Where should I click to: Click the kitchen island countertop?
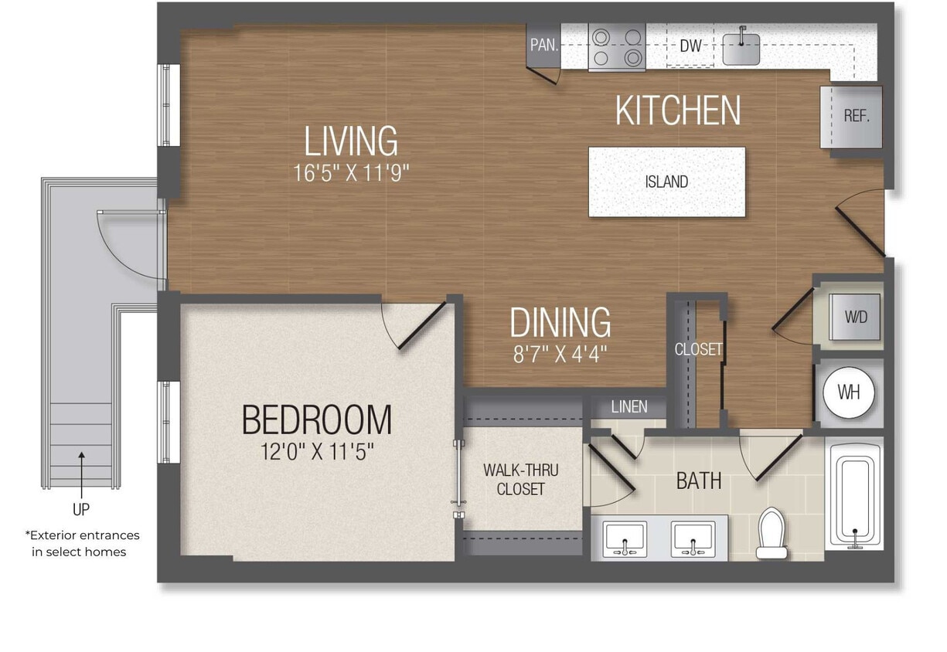click(x=666, y=182)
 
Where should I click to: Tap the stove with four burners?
click(x=616, y=46)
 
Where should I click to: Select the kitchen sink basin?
click(x=741, y=48)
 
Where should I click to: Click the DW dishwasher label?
click(x=690, y=46)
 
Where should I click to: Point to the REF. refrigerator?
click(x=855, y=117)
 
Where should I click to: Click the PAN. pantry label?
click(x=544, y=45)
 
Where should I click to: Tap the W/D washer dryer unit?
click(x=855, y=316)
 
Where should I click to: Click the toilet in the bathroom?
click(x=772, y=533)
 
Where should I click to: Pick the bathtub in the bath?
click(x=853, y=494)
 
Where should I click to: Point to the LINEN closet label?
click(x=628, y=406)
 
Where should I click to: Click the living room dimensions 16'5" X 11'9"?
click(x=350, y=172)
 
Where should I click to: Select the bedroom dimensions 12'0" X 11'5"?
click(x=317, y=451)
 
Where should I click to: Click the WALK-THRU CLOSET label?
click(x=520, y=479)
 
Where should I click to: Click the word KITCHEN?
click(x=677, y=110)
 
